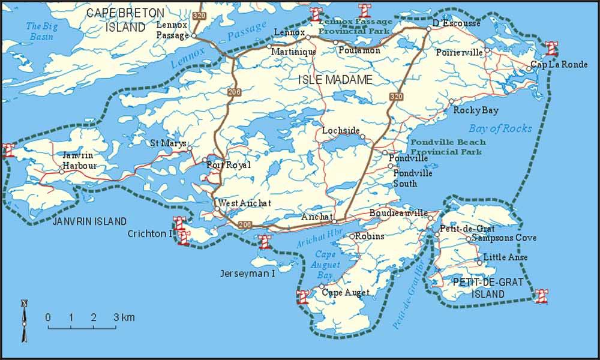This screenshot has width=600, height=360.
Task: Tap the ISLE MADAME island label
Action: click(335, 80)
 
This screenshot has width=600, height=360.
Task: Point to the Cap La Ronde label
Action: click(560, 65)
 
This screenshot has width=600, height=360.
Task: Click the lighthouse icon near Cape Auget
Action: click(303, 296)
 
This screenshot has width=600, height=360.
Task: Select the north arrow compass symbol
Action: click(24, 320)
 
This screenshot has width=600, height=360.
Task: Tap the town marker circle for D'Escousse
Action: click(428, 29)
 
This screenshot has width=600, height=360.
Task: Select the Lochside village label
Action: click(341, 130)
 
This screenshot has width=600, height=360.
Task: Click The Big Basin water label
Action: click(40, 31)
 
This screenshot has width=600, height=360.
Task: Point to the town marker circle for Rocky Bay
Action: click(451, 102)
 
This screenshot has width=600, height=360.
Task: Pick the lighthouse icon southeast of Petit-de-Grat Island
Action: click(542, 295)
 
